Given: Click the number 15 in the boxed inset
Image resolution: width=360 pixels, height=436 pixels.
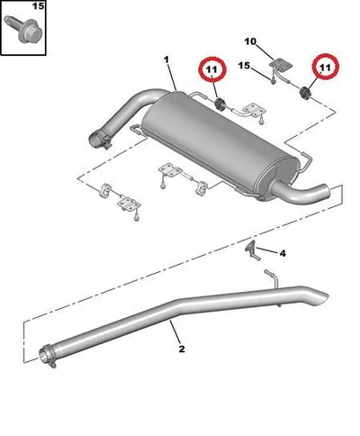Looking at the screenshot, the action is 39,5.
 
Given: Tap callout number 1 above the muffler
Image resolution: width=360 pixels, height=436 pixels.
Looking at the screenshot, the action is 166,60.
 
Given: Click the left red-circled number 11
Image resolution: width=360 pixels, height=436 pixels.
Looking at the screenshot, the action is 212,69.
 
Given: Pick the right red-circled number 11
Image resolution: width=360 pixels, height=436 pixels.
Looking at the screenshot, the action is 325,68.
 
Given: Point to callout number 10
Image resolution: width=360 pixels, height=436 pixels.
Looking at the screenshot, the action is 250,41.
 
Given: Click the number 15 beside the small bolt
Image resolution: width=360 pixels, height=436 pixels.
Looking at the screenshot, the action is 244,66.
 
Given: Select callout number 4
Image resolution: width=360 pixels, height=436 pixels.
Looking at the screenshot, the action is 283,254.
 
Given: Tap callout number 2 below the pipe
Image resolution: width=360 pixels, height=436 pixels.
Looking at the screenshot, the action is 182,350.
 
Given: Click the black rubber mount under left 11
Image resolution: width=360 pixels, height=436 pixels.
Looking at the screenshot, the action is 220,104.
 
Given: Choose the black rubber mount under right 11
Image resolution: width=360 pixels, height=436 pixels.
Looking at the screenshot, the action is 306,92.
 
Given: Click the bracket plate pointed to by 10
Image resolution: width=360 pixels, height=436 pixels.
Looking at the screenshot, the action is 281,65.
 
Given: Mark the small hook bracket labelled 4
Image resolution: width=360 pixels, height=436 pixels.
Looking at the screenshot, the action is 252,250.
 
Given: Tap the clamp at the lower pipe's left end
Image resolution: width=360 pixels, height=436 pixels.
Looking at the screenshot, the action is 48,357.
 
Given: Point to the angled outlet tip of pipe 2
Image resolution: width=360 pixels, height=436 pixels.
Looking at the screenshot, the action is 319,295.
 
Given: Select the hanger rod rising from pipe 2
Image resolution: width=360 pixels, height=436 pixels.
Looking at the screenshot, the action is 273,278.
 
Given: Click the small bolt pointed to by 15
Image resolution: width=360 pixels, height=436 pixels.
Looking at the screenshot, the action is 273,80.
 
